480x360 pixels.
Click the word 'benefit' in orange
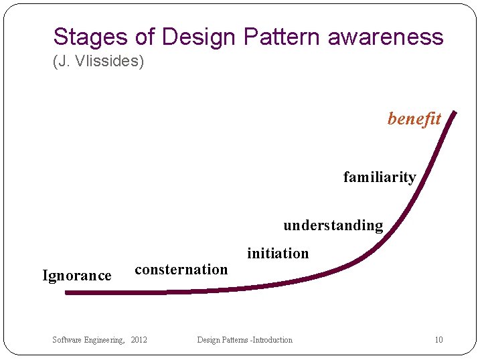[x=414, y=118]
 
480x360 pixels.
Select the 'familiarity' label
[x=380, y=177]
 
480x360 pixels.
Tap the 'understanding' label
[x=333, y=225]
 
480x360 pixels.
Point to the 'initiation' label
[x=278, y=253]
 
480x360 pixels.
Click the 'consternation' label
[x=181, y=269]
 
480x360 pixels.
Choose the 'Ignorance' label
[x=77, y=275]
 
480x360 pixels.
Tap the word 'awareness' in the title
[x=386, y=36]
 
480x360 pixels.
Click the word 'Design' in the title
[x=198, y=36]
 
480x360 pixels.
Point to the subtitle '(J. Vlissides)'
[x=98, y=62]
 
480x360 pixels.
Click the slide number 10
[x=438, y=340]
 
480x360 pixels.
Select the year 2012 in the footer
[x=139, y=340]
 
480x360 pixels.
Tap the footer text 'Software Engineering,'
[x=88, y=340]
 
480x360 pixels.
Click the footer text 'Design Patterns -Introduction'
[x=244, y=340]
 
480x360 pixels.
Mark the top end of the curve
[x=455, y=113]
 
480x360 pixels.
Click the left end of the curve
[x=67, y=292]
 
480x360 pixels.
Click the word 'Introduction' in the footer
[x=270, y=340]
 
